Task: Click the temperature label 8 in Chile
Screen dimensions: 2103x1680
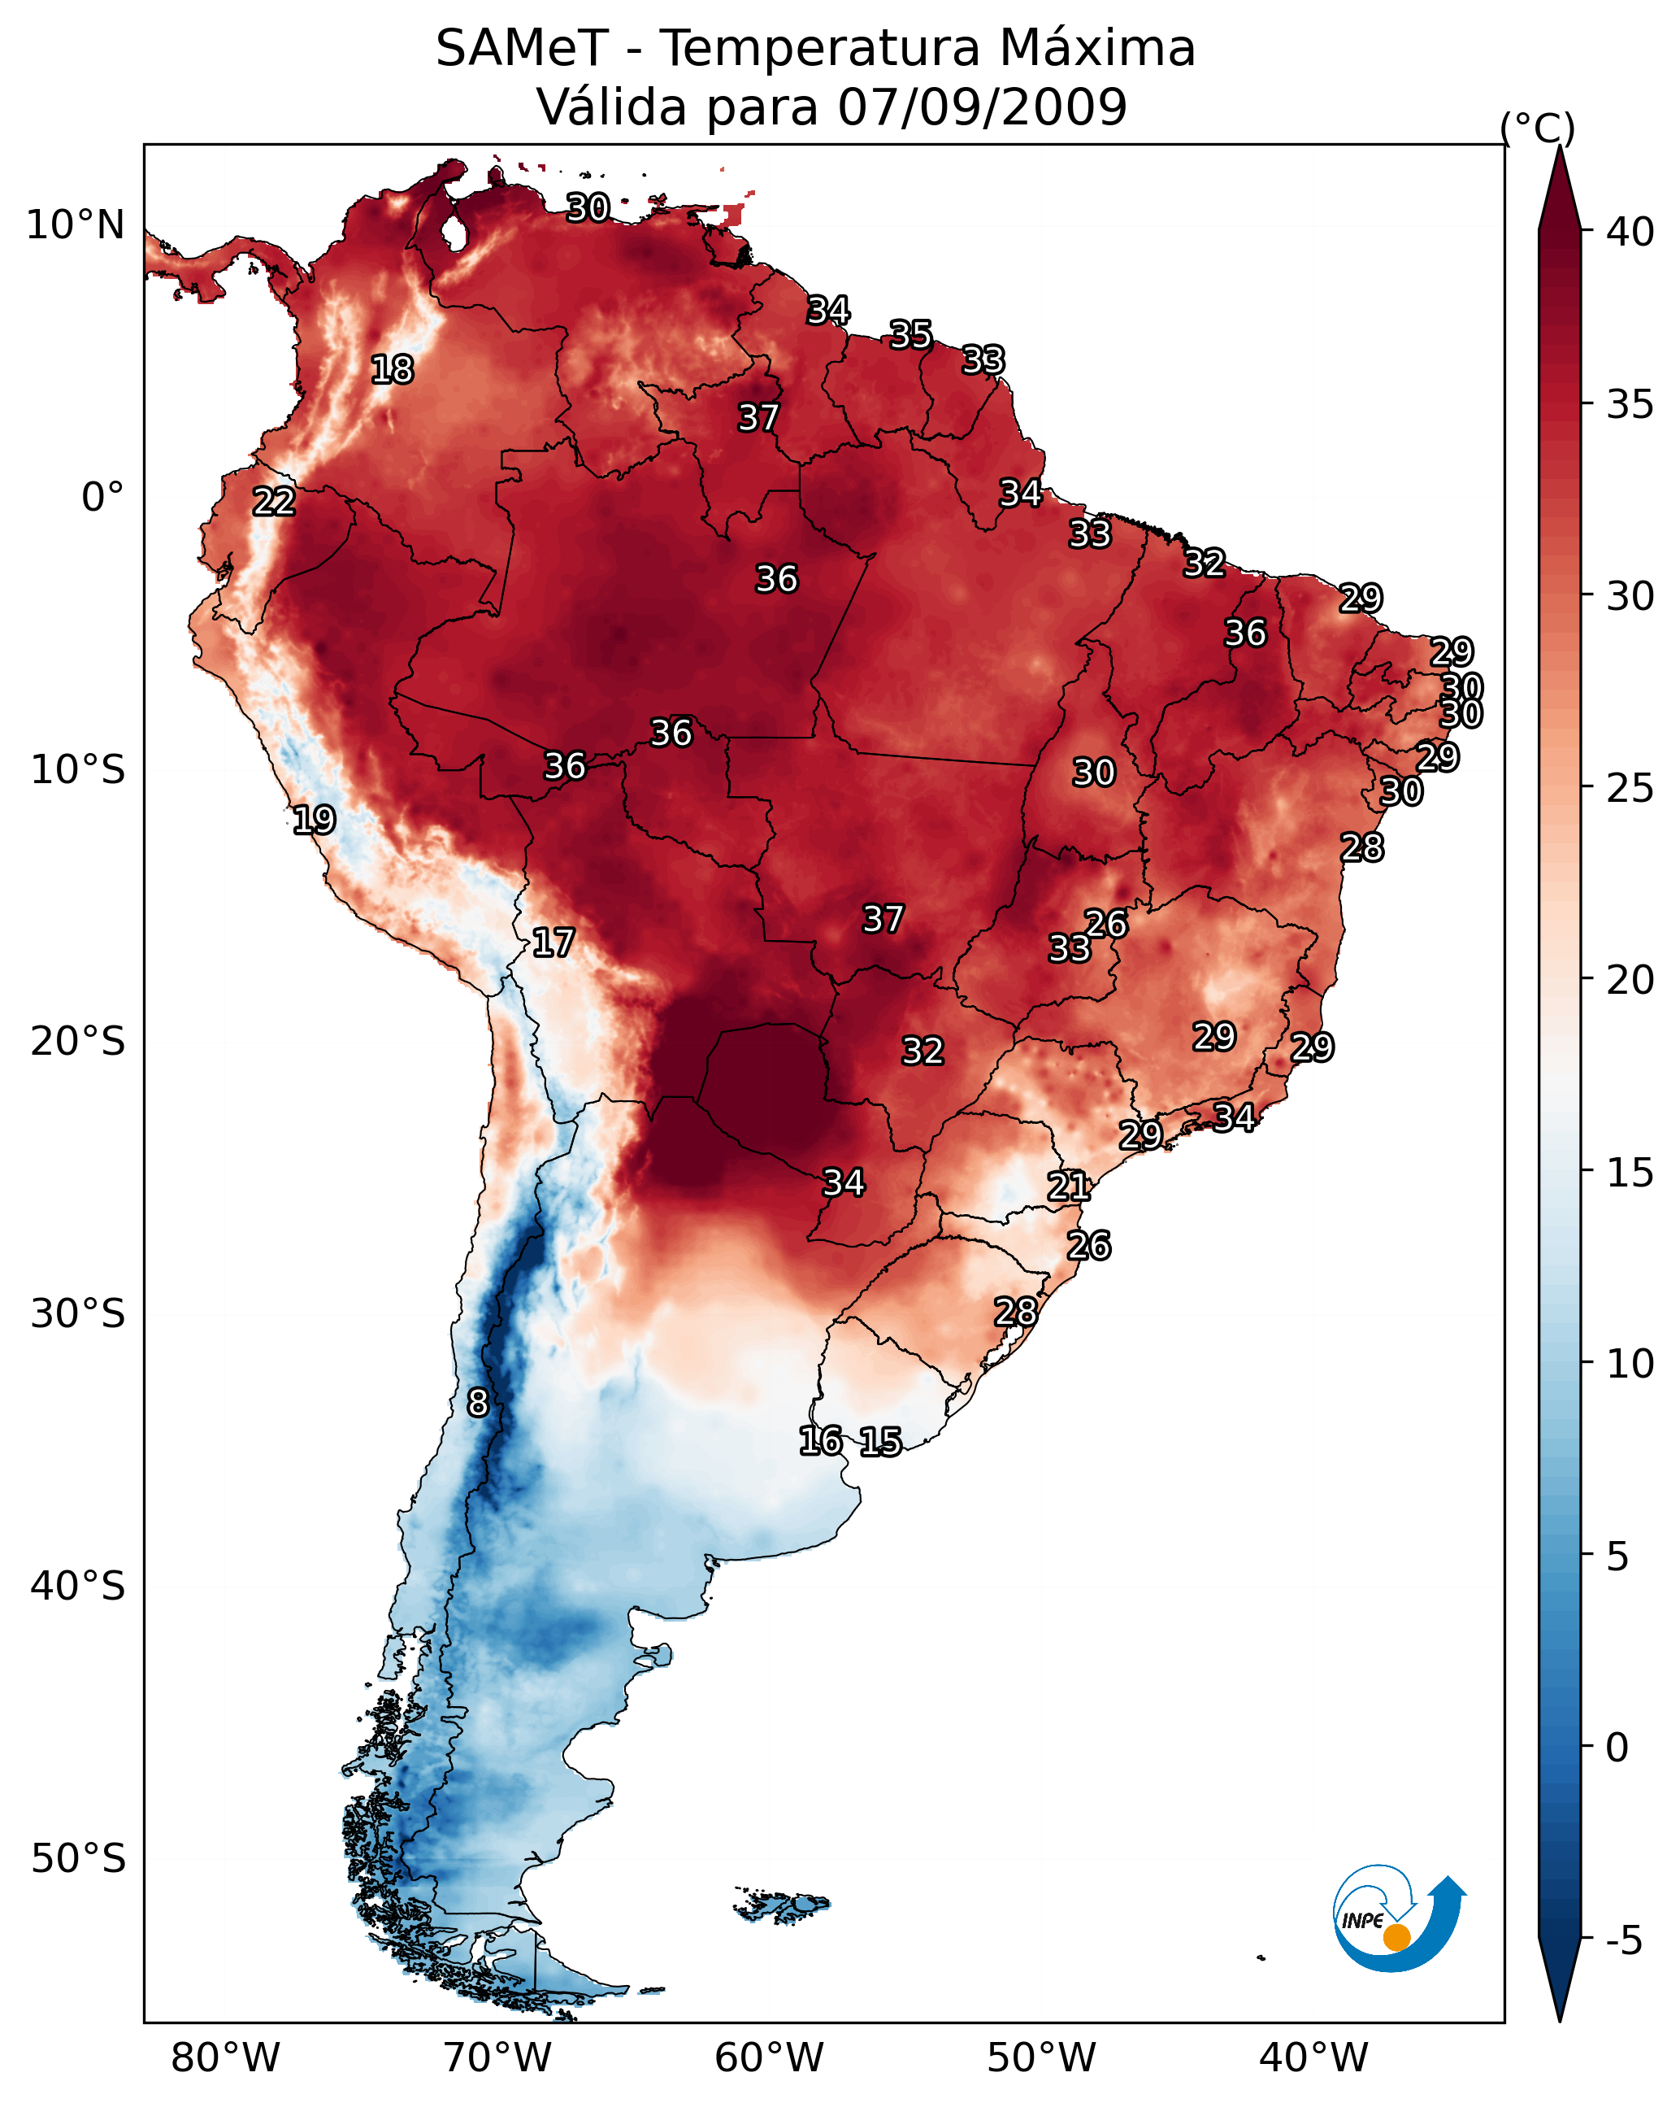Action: pyautogui.click(x=478, y=1403)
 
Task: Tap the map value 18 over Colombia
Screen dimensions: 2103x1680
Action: pyautogui.click(x=392, y=370)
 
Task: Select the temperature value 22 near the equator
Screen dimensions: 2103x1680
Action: pyautogui.click(x=274, y=502)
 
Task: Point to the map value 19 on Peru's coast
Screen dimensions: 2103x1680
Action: pyautogui.click(x=314, y=820)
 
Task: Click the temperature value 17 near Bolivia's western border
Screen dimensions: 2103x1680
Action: pyautogui.click(x=553, y=943)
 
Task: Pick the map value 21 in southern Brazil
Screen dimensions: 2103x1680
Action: pyautogui.click(x=1069, y=1186)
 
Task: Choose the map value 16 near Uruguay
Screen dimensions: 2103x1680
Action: pyautogui.click(x=820, y=1441)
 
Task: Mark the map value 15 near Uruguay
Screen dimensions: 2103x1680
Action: pyautogui.click(x=880, y=1442)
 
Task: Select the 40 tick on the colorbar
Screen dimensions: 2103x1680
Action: pyautogui.click(x=1630, y=232)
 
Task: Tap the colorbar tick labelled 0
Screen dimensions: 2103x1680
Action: pyautogui.click(x=1617, y=1748)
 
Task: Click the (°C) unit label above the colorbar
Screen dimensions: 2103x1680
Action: pyautogui.click(x=1538, y=128)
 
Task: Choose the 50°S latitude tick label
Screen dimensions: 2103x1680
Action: pyautogui.click(x=78, y=1859)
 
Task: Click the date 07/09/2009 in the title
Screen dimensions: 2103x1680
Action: pyautogui.click(x=982, y=107)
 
